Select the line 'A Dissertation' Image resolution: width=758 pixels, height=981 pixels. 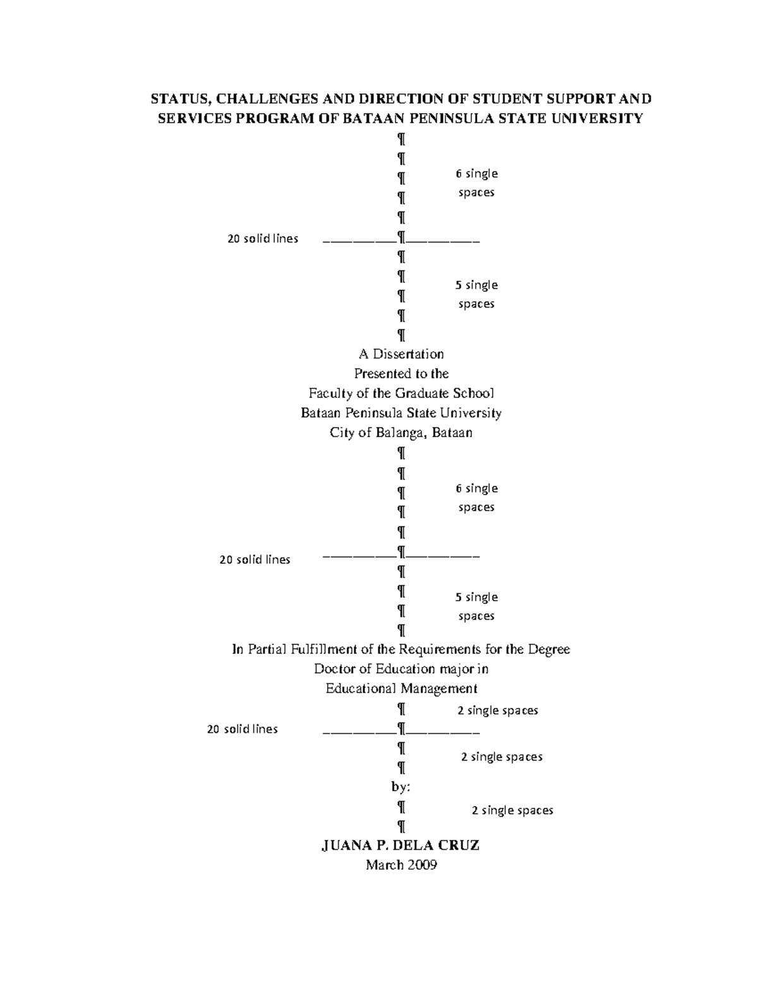(401, 354)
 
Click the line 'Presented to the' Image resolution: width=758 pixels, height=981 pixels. (401, 373)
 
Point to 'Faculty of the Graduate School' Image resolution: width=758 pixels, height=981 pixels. (401, 393)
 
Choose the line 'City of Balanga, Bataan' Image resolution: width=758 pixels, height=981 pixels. (401, 433)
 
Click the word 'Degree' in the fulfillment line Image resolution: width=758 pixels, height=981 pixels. (549, 649)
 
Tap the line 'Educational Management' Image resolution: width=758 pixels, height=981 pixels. (401, 689)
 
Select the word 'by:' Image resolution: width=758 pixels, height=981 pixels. (401, 787)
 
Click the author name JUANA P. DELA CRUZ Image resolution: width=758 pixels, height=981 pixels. (401, 845)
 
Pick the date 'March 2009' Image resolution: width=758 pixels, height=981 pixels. (401, 865)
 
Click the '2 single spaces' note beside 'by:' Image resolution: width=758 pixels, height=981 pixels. (512, 810)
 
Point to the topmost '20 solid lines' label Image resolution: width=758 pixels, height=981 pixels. (263, 239)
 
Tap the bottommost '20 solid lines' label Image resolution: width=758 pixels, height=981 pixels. (243, 729)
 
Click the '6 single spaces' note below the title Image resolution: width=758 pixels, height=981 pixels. (476, 183)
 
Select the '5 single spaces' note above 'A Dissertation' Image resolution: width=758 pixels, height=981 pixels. (476, 294)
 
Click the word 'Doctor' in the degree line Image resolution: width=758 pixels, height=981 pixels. (334, 669)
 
